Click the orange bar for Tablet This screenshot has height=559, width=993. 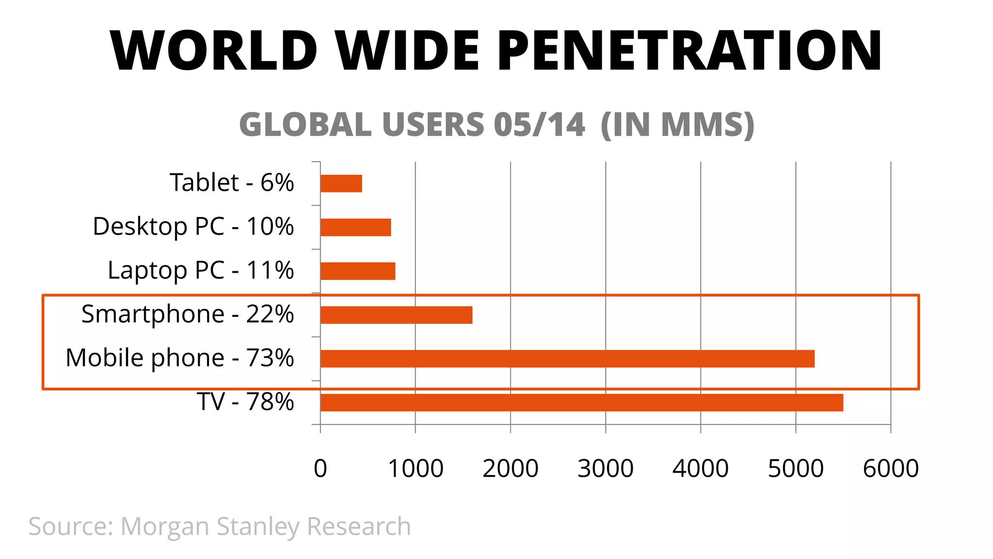coord(341,183)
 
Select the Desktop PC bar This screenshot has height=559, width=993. coord(355,227)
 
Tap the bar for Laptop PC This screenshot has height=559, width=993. coord(358,271)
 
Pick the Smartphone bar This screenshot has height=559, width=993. coord(396,315)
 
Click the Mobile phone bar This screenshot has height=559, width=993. coord(567,359)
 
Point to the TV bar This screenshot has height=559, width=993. coord(581,402)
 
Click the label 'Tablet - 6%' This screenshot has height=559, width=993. coord(232,183)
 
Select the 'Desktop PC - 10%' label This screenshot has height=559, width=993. coord(193,227)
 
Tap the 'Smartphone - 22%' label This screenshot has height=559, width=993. coord(187,314)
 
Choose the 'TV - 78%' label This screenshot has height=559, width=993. coord(245,402)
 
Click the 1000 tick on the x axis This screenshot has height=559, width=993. coord(416,468)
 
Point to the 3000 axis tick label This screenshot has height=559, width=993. coord(605,468)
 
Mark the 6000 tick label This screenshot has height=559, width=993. coord(891,468)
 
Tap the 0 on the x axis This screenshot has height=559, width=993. coord(320,468)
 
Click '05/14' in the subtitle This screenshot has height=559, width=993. coord(539,125)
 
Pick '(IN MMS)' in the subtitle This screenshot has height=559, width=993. coord(677,125)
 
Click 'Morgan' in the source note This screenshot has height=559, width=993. coord(165,527)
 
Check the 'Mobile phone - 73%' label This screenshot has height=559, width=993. coord(179,358)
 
